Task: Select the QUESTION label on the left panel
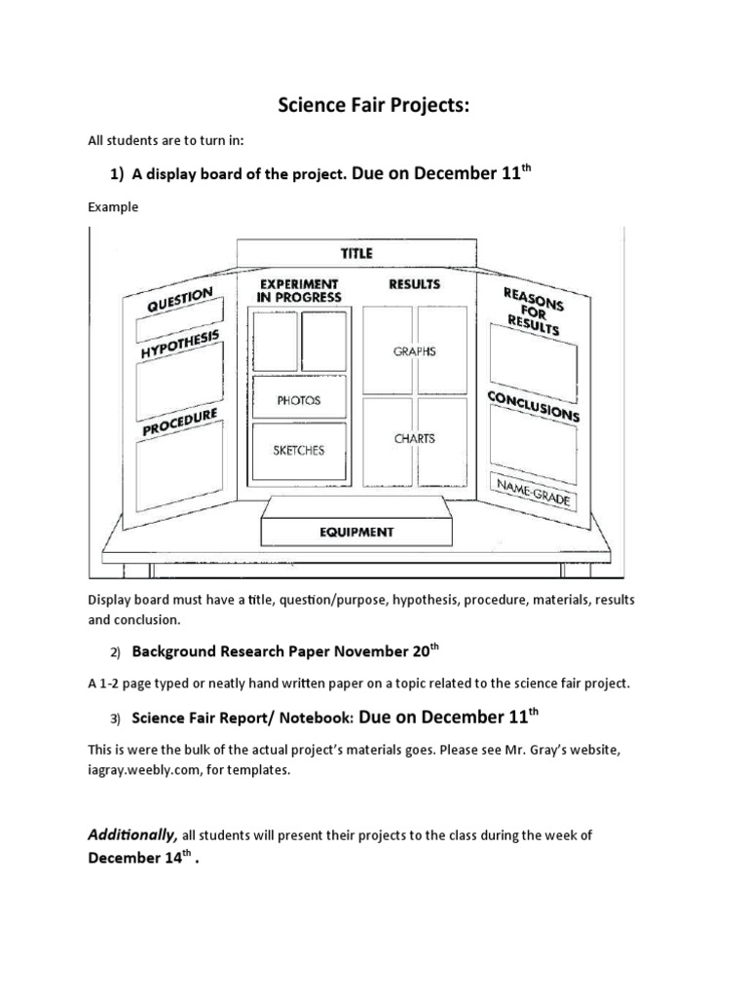pyautogui.click(x=179, y=300)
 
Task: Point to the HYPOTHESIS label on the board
pyautogui.click(x=180, y=345)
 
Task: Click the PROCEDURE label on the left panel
pyautogui.click(x=179, y=422)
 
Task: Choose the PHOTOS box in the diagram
pyautogui.click(x=298, y=400)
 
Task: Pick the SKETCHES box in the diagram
pyautogui.click(x=299, y=451)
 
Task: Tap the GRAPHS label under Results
pyautogui.click(x=414, y=351)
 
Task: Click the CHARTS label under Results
pyautogui.click(x=414, y=439)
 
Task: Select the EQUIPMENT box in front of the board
pyautogui.click(x=357, y=532)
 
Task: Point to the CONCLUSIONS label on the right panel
pyautogui.click(x=534, y=407)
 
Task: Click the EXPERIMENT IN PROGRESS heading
pyautogui.click(x=298, y=290)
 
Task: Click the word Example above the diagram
pyautogui.click(x=113, y=207)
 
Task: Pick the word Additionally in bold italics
pyautogui.click(x=132, y=835)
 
